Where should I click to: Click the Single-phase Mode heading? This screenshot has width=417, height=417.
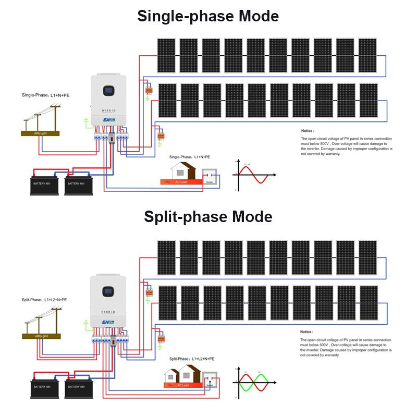pyautogui.click(x=208, y=16)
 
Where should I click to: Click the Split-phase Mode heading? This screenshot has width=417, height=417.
pyautogui.click(x=208, y=216)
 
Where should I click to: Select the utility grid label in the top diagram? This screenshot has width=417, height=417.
pyautogui.click(x=40, y=134)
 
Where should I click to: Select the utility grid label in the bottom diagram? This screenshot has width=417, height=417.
pyautogui.click(x=40, y=337)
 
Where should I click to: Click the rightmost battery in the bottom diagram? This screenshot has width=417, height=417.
pyautogui.click(x=79, y=388)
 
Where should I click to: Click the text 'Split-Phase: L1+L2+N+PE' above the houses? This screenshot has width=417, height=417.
pyautogui.click(x=191, y=359)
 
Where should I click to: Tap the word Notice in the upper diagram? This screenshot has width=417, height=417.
pyautogui.click(x=308, y=131)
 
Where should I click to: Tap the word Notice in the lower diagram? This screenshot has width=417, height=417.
pyautogui.click(x=306, y=332)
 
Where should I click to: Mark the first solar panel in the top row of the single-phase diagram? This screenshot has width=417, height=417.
pyautogui.click(x=167, y=55)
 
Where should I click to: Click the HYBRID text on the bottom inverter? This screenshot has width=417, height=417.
pyautogui.click(x=108, y=312)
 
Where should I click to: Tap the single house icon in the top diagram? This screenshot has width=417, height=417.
pyautogui.click(x=183, y=170)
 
